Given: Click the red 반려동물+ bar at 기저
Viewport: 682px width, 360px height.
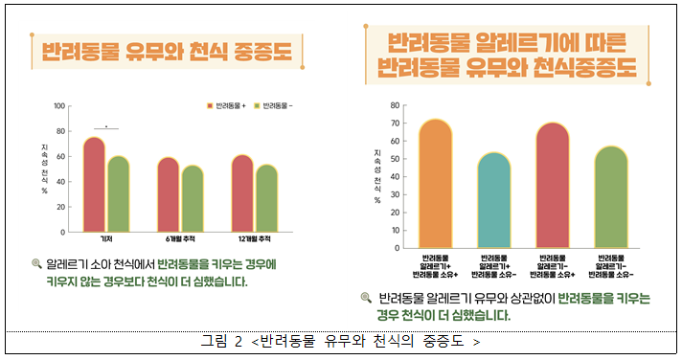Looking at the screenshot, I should pos(94,185).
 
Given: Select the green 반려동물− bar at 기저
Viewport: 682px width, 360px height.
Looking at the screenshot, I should pos(118,194).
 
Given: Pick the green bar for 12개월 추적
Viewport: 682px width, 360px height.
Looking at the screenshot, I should pos(266,199).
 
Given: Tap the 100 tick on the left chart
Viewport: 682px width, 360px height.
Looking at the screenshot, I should pos(59,106).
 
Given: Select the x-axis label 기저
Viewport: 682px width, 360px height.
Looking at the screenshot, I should pos(106,239).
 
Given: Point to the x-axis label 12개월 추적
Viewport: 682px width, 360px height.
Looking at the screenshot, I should pos(254,239).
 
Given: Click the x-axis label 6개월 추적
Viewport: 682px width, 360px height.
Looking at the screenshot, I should pos(180,239).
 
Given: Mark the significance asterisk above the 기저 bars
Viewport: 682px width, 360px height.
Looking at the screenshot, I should pos(106,124).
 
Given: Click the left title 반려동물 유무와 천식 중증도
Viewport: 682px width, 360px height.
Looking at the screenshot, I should pos(166,51).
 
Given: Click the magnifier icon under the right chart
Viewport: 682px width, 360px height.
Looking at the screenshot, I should pos(366,298).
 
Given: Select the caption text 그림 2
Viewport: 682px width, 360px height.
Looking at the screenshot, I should pos(222,341).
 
